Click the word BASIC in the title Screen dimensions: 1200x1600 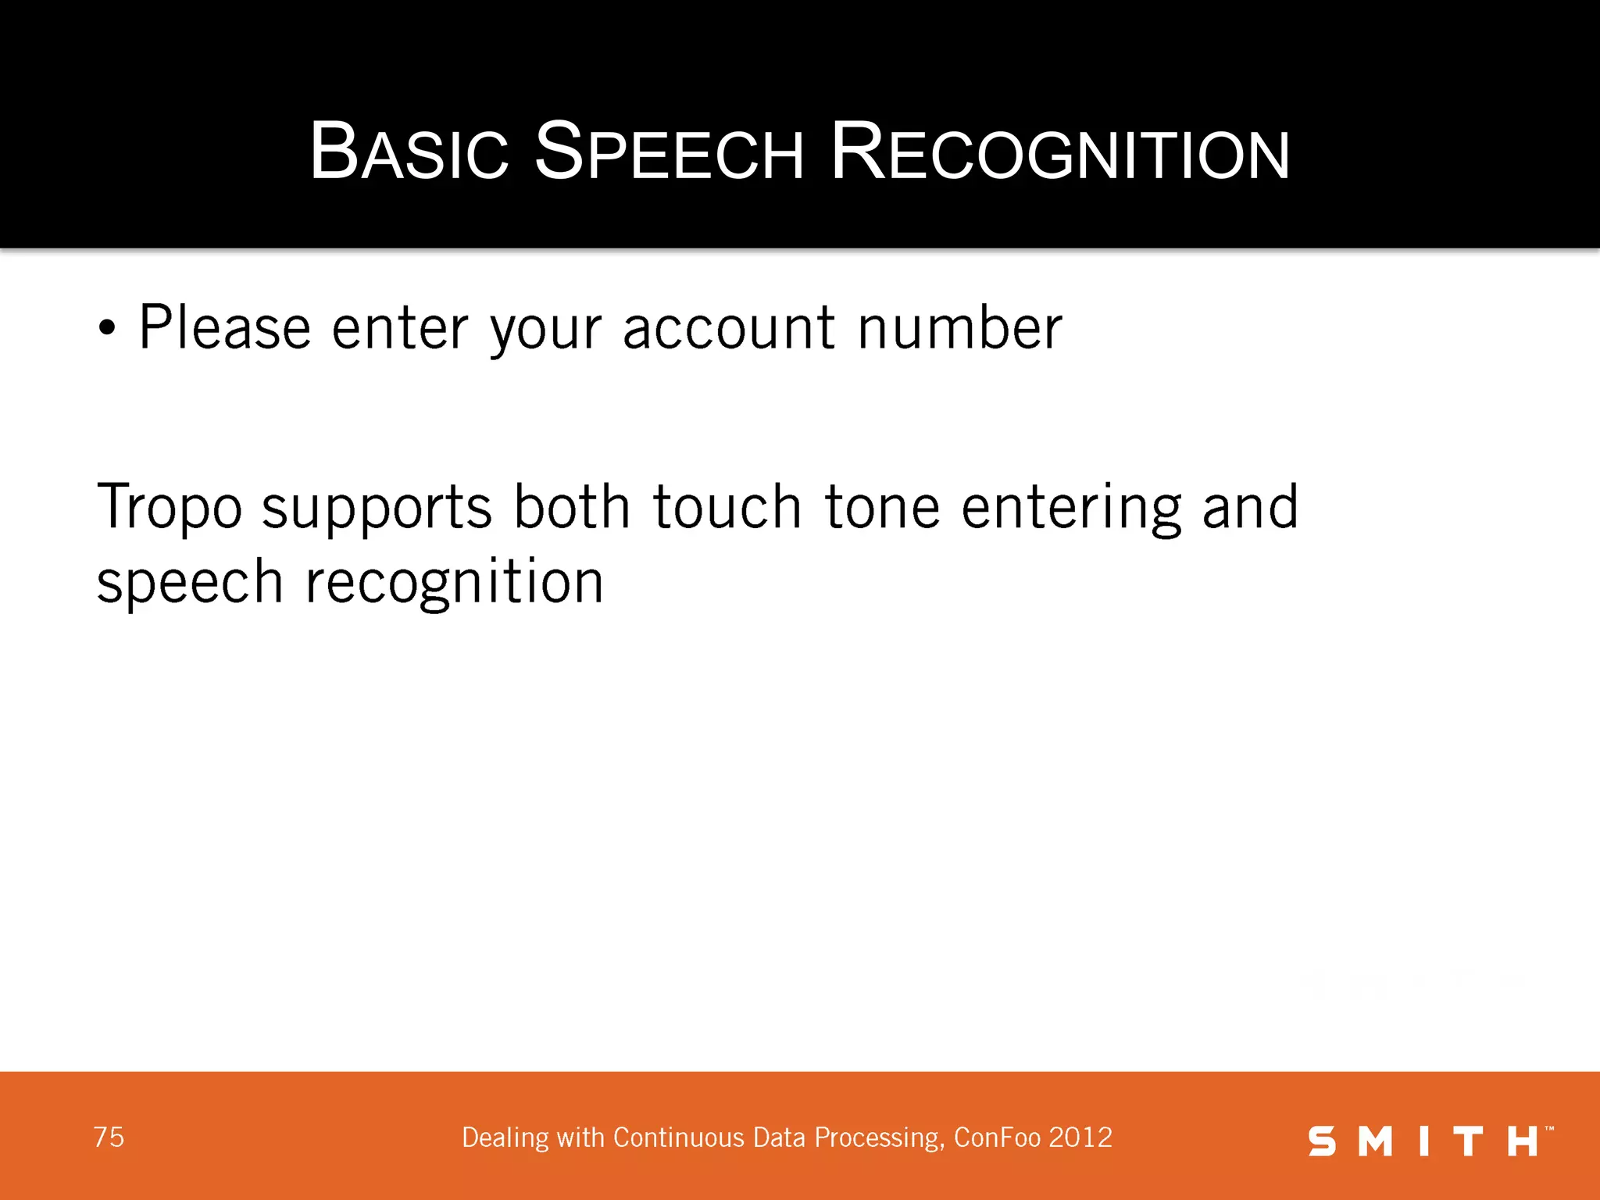pos(409,152)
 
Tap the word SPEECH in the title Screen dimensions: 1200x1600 pos(668,152)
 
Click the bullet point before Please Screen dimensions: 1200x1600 pos(107,329)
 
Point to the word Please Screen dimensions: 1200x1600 pos(224,327)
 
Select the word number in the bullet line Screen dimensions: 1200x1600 pos(959,327)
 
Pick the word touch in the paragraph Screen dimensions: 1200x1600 pos(727,508)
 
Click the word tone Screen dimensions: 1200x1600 pos(882,508)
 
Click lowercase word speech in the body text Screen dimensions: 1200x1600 pos(189,584)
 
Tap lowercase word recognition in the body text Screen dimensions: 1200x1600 pos(454,584)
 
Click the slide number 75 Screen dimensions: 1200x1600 pos(109,1137)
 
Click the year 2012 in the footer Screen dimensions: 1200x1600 pos(1080,1137)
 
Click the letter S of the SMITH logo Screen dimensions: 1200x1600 pos(1322,1141)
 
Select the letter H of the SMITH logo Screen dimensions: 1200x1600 pos(1523,1141)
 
